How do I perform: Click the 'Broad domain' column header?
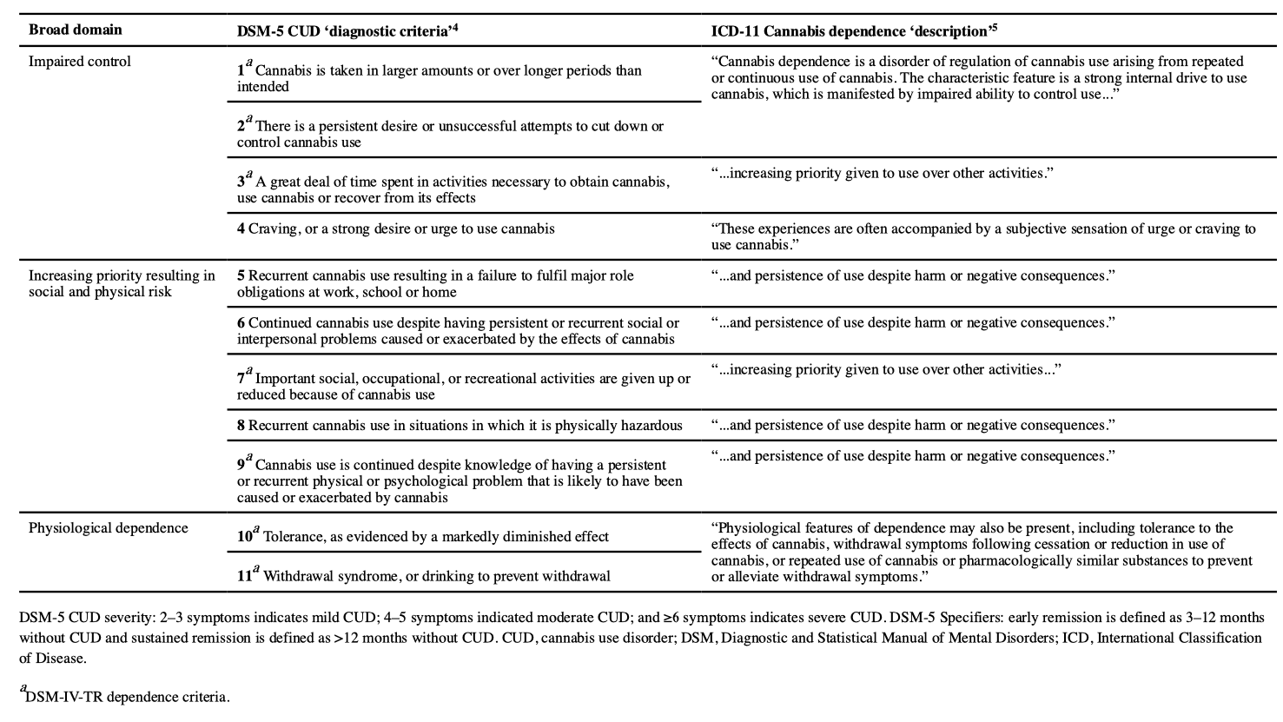coord(75,30)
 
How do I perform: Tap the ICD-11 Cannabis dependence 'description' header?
coord(854,30)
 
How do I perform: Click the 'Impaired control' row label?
coord(80,62)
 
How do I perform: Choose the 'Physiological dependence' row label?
coord(108,527)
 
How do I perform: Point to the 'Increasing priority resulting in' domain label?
coord(122,275)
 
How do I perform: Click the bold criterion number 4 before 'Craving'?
coord(241,229)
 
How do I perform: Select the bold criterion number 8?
coord(241,425)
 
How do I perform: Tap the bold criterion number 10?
coord(245,537)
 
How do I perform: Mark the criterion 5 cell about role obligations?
coord(434,283)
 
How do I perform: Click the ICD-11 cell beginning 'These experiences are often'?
coord(982,236)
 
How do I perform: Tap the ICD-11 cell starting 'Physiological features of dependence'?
coord(982,552)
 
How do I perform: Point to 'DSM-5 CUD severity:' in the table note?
coord(87,618)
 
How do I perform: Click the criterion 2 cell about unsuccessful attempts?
coord(450,134)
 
